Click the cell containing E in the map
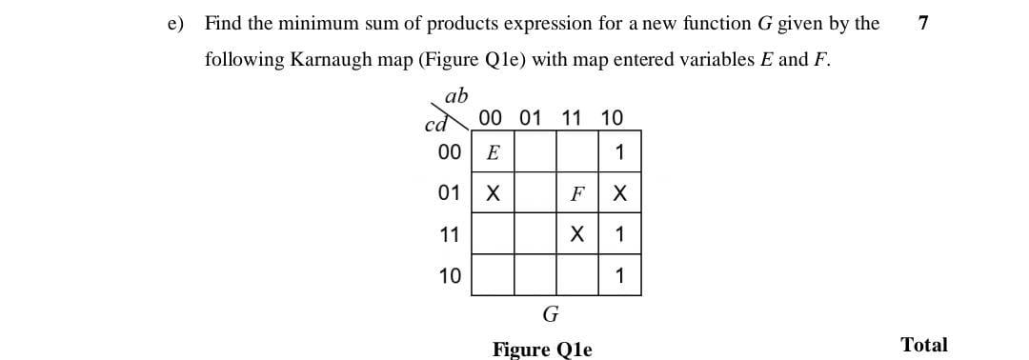[493, 152]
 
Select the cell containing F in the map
[576, 193]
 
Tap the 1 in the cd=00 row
[619, 152]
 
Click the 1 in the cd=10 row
[619, 276]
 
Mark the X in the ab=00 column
[493, 193]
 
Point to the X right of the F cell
[619, 193]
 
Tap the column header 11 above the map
[572, 118]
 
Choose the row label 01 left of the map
[449, 193]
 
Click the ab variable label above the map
[456, 95]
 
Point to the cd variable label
[434, 124]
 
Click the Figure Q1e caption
[541, 349]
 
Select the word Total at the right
[923, 345]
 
